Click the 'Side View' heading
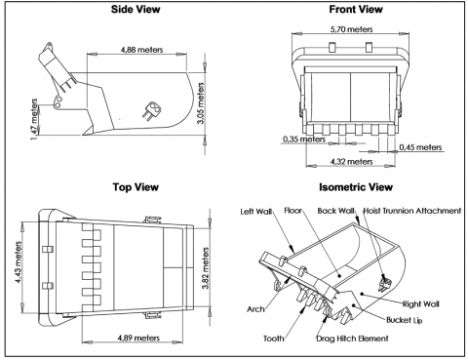pos(136,9)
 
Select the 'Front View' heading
pos(356,9)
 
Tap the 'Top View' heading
pos(136,187)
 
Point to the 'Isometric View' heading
pos(356,187)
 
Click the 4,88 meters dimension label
pos(141,50)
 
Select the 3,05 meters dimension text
pos(201,103)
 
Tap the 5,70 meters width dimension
pos(351,29)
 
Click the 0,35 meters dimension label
pos(304,140)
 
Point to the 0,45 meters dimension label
pos(420,147)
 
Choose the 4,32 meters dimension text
pos(351,162)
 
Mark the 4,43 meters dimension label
pos(19,262)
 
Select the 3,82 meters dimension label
pos(206,268)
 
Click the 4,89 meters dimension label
pos(138,338)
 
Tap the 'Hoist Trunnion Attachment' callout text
pos(412,211)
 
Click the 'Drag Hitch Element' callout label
pos(352,339)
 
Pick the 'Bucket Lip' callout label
pos(405,320)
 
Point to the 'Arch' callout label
pos(255,309)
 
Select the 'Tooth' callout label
pos(274,339)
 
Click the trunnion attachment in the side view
pos(151,110)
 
